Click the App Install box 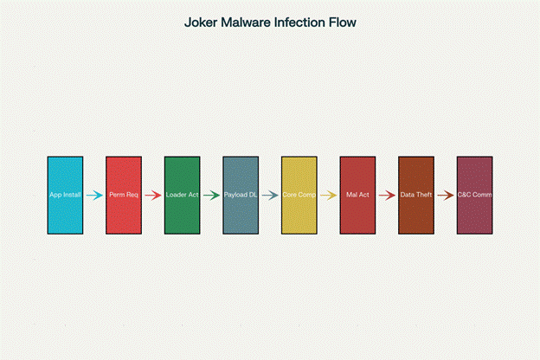[x=65, y=196]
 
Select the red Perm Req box [x=124, y=196]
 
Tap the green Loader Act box [x=183, y=196]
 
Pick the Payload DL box [x=241, y=196]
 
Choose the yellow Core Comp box [x=299, y=196]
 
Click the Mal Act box [x=357, y=196]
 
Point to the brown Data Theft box [x=416, y=196]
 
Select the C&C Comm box [x=474, y=196]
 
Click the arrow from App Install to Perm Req [x=94, y=196]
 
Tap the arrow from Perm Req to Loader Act [x=153, y=196]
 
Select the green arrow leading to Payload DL [x=211, y=196]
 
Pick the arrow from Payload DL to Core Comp [x=270, y=196]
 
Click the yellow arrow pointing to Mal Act [x=329, y=196]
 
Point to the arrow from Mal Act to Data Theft [x=387, y=196]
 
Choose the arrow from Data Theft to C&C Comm [x=446, y=196]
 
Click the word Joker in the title [x=201, y=22]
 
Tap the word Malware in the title [x=246, y=22]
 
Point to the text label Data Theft [x=416, y=195]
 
